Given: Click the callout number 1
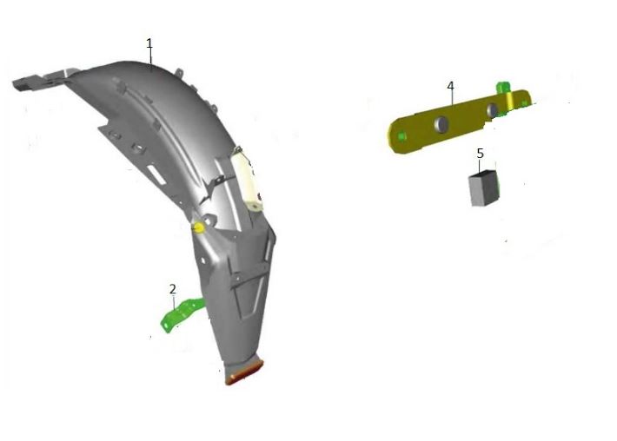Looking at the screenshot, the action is point(149,43).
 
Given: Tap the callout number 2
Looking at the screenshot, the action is point(173,289).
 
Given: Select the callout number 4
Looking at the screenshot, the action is point(450,86).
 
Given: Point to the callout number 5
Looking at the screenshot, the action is point(480,154).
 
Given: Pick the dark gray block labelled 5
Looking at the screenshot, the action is point(483,188).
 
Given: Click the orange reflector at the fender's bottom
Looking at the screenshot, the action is point(244,373).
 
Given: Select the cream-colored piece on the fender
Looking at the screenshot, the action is point(247,179).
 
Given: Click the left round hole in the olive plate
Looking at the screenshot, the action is point(442,124).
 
